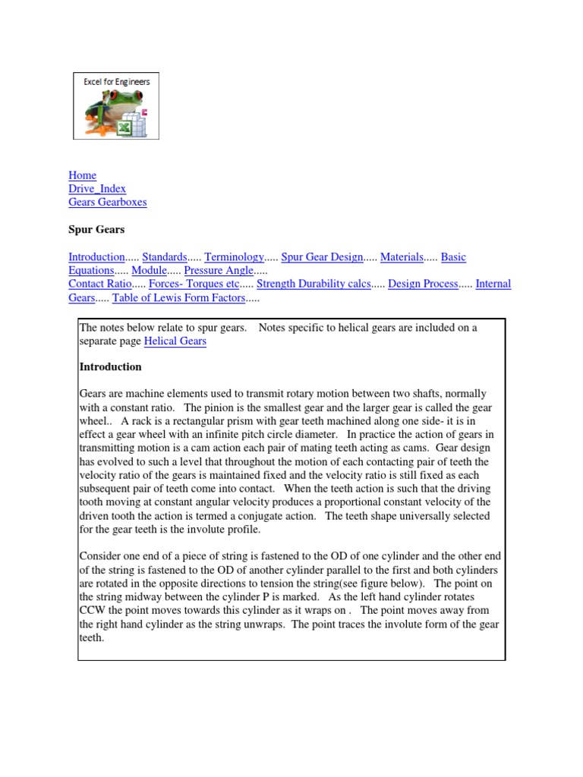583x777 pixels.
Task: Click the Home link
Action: point(82,175)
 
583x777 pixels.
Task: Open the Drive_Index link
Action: point(97,189)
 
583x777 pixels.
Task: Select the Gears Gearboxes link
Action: point(107,203)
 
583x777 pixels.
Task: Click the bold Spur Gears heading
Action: point(96,229)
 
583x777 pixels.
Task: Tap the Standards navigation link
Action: point(165,257)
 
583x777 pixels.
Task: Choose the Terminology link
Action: point(234,257)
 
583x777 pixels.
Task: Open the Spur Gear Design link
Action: point(322,257)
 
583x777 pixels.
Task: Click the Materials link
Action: point(402,257)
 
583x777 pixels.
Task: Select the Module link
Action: point(149,270)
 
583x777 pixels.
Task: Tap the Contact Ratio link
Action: point(100,284)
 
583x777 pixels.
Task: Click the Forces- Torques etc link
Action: point(194,284)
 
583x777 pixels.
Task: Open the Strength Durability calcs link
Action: point(314,284)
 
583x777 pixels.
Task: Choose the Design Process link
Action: point(423,284)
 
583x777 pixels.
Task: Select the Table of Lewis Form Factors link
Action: point(178,297)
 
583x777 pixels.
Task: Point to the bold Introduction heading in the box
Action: point(110,367)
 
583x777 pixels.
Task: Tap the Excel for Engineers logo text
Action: point(116,81)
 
